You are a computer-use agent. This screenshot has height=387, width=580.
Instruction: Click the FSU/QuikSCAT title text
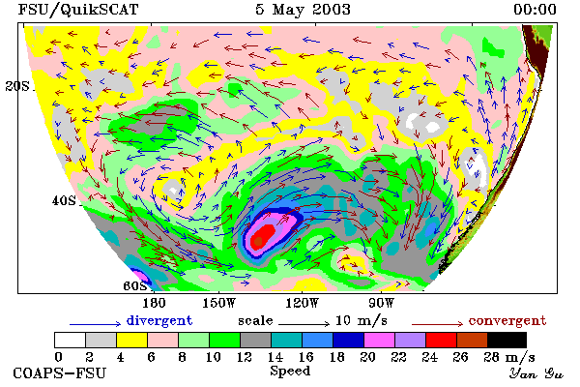[x=78, y=10]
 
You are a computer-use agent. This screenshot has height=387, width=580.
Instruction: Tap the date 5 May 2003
[x=303, y=10]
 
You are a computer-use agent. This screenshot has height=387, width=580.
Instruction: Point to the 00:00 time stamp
[x=535, y=10]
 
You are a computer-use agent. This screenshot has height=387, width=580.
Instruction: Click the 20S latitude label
[x=17, y=86]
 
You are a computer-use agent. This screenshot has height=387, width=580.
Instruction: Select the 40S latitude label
[x=64, y=200]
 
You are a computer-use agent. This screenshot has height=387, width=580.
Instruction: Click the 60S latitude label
[x=135, y=285]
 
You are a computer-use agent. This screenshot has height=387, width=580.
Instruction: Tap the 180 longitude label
[x=154, y=303]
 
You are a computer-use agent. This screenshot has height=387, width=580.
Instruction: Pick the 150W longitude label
[x=219, y=303]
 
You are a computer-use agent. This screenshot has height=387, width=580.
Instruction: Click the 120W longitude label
[x=302, y=303]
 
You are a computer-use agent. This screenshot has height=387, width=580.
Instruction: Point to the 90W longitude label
[x=382, y=303]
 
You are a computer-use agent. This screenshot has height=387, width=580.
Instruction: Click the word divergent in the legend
[x=159, y=320]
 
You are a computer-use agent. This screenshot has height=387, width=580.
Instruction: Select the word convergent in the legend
[x=507, y=320]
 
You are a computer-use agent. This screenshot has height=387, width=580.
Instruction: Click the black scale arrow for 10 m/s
[x=304, y=324]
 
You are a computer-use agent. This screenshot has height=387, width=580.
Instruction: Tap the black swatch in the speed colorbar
[x=507, y=340]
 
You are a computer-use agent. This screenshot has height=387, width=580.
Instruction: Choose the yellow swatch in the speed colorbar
[x=132, y=340]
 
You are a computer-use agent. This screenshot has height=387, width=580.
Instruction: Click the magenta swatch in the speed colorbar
[x=380, y=340]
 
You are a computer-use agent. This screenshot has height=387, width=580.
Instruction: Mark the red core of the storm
[x=263, y=236]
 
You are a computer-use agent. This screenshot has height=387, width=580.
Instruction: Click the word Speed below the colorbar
[x=290, y=372]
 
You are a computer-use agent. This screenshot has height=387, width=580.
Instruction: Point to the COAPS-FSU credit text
[x=60, y=372]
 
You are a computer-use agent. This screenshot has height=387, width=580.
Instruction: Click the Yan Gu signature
[x=536, y=373]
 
